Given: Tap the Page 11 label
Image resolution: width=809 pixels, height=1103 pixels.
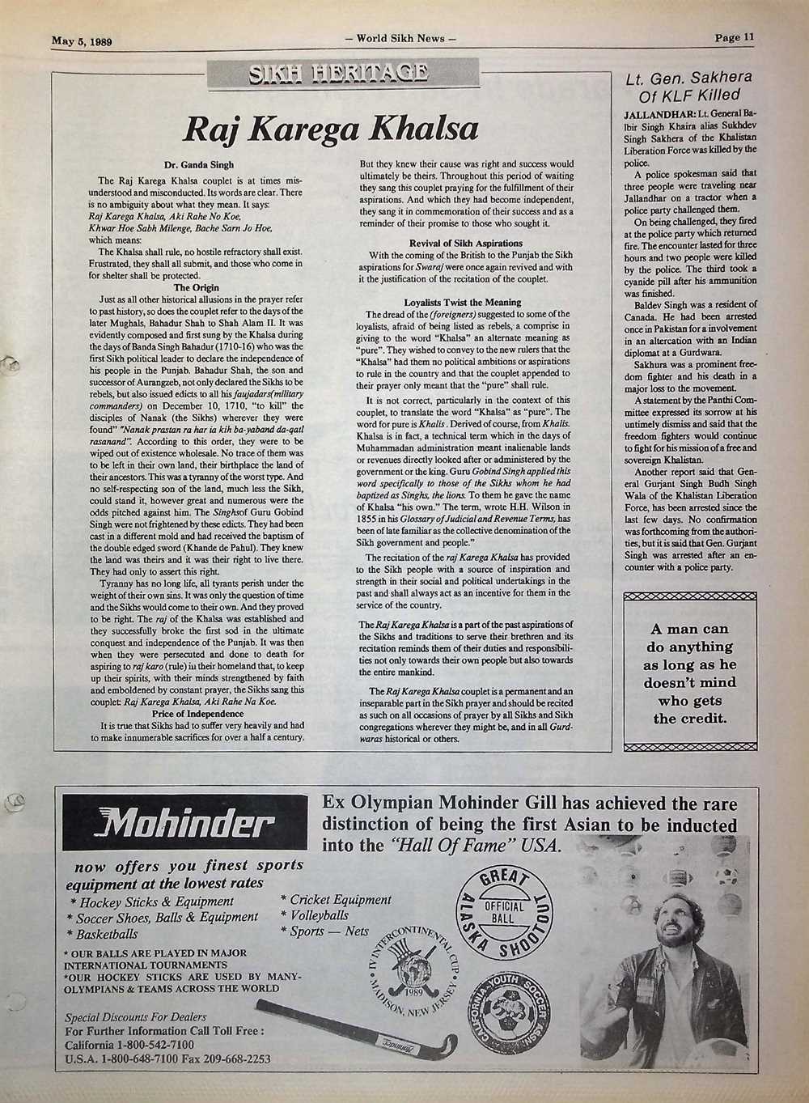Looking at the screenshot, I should (734, 36).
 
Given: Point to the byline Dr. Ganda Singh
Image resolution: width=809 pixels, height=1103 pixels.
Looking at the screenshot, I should (199, 165).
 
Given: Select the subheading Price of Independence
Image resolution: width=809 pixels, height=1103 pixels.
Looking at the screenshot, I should (198, 714).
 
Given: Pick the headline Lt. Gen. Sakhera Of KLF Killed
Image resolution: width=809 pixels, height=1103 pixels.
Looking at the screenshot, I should (689, 86).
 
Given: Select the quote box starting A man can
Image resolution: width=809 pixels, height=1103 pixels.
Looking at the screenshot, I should (689, 673).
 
